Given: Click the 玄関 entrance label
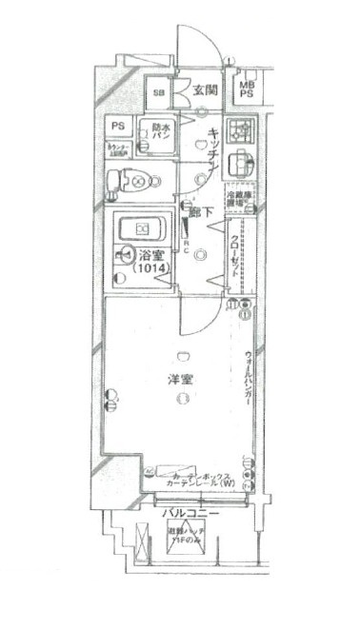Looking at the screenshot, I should [x=206, y=90].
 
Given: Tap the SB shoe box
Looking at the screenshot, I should [x=160, y=92].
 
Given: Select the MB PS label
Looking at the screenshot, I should [x=246, y=88].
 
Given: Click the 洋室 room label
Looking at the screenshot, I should [x=177, y=380].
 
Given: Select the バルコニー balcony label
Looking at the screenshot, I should [x=190, y=513].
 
